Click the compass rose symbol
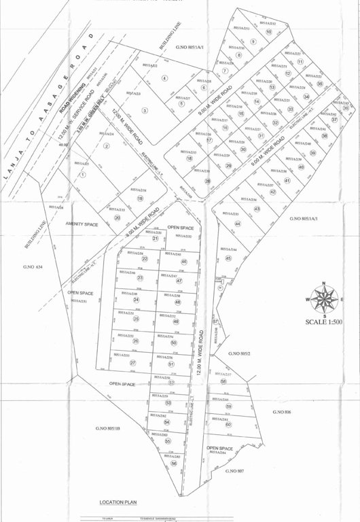coord(323,298)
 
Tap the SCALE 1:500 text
coord(325,322)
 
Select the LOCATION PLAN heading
coord(118,502)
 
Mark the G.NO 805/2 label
coord(240,353)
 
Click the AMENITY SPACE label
coord(82,224)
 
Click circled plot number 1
coord(82,175)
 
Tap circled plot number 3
coord(145,110)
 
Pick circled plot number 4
coord(164,78)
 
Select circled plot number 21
coord(155,239)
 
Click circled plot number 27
coord(133,363)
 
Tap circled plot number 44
coord(238,224)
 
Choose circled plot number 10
coord(269,32)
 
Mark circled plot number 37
coord(334,120)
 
